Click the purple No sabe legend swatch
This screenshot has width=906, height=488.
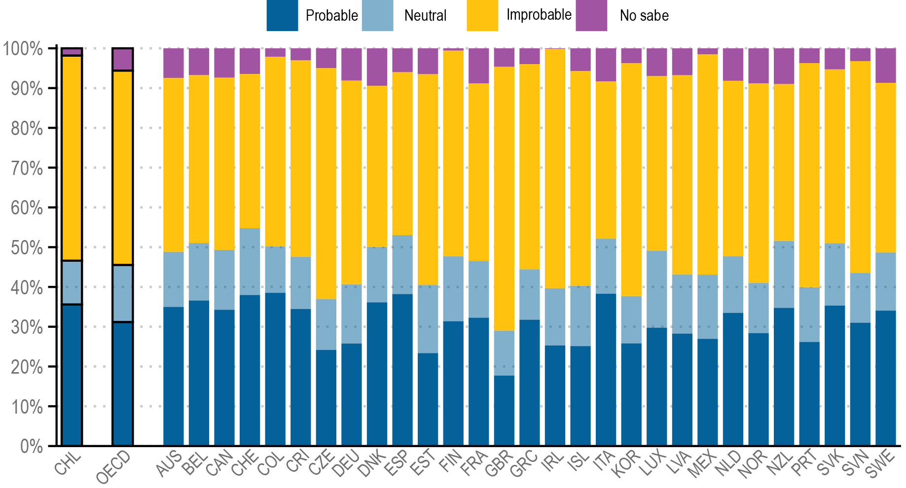[x=591, y=15]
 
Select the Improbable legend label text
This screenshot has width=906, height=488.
[x=539, y=15]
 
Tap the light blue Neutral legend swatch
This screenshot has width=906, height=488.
[x=377, y=15]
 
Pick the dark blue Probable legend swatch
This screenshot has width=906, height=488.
[x=282, y=15]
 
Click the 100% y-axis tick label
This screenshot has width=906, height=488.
[x=23, y=49]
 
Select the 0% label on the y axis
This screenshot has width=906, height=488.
[x=31, y=446]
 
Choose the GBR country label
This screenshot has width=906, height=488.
[x=499, y=464]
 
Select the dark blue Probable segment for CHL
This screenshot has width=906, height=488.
[x=72, y=375]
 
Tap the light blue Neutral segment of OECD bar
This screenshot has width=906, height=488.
[x=123, y=293]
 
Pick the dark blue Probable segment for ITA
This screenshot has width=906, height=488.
[x=606, y=370]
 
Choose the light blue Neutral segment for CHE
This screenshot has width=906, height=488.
[x=250, y=261]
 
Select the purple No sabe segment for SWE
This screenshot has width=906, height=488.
[x=885, y=66]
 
